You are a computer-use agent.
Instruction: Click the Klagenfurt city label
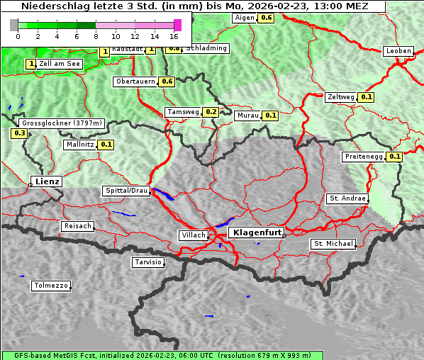pos(258,232)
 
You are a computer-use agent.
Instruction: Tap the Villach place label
pos(193,235)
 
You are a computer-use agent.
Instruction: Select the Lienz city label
pos(47,181)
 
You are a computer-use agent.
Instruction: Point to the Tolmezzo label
pos(51,286)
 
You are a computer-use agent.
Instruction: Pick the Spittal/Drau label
pos(127,191)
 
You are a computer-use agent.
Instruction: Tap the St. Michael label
pos(333,244)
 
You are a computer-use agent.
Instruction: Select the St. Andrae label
pos(347,198)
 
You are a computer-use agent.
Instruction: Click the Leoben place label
pos(398,51)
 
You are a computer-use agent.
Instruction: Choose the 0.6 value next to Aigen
pos(266,17)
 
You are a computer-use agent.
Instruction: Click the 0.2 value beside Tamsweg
pos(211,112)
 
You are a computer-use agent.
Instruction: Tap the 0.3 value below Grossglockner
pos(19,133)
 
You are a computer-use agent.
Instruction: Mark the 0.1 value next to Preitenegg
pos(394,157)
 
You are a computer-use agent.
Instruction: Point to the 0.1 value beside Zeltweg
pos(367,97)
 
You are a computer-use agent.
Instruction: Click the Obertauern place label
pos(135,81)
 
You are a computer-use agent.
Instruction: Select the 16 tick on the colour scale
pos(174,35)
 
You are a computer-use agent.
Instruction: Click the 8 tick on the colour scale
pos(96,35)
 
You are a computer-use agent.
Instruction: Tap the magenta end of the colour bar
pos(177,25)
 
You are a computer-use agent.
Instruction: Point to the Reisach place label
pos(78,226)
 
